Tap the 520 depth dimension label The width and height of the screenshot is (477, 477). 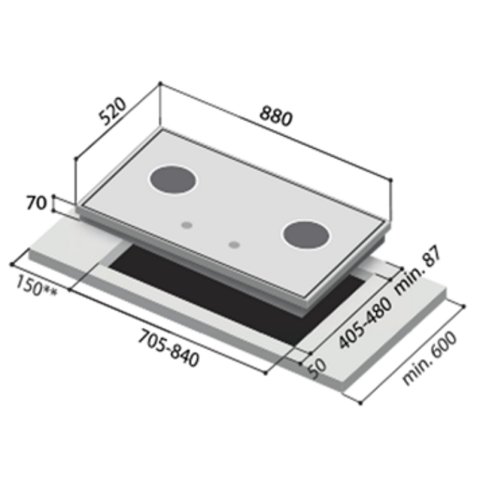[x=113, y=111]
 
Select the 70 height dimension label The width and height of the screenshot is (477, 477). [x=37, y=203]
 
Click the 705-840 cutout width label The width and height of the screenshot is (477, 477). [x=169, y=347]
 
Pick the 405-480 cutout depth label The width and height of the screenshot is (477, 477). [x=365, y=323]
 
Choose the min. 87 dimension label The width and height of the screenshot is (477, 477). [x=417, y=270]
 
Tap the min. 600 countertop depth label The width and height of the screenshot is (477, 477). [x=429, y=358]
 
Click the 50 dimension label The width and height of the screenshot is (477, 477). [x=317, y=369]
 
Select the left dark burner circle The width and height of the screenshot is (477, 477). [x=173, y=180]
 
